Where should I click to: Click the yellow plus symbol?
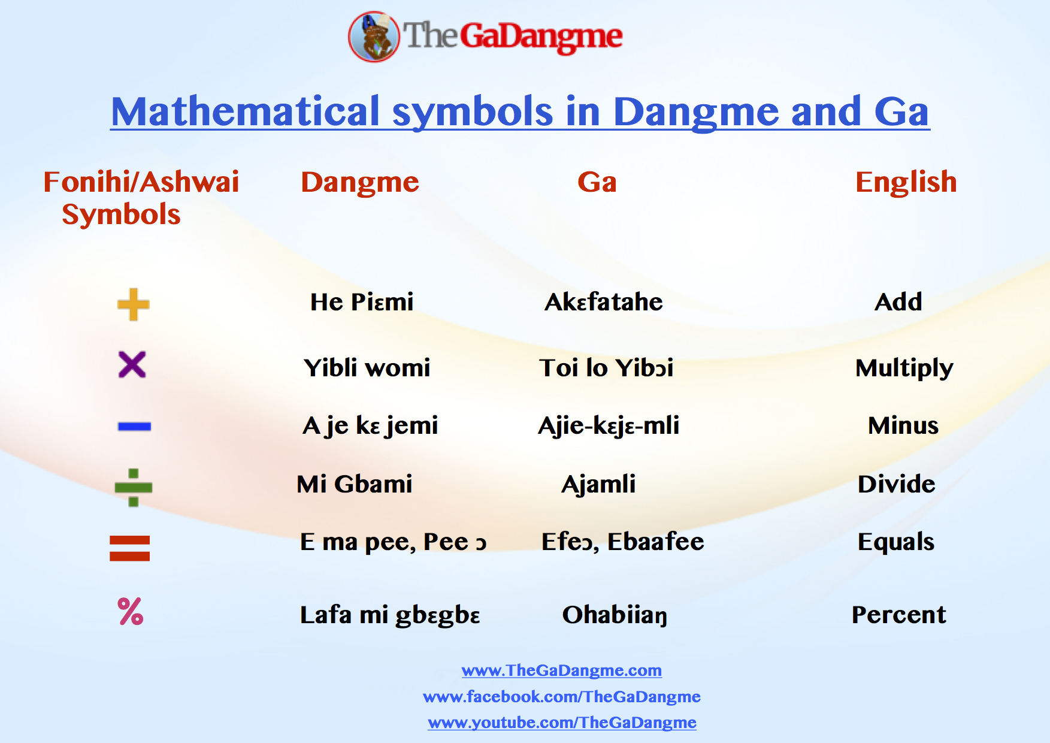tap(133, 304)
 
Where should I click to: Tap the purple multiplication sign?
tap(132, 364)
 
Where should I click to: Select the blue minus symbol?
tap(134, 427)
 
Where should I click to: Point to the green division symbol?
tap(134, 487)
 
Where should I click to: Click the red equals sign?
tap(129, 548)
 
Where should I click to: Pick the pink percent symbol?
tap(131, 612)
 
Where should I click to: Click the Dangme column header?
tap(359, 182)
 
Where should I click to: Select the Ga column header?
tap(597, 182)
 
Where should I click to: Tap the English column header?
tap(906, 182)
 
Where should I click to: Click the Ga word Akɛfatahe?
tap(603, 302)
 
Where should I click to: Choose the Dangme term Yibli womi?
tap(367, 368)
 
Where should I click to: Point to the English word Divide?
tap(896, 484)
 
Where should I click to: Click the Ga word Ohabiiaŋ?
tap(615, 615)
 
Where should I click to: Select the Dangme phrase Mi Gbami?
tap(355, 484)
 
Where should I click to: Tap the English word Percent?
tap(898, 615)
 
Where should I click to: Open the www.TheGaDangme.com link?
tap(561, 670)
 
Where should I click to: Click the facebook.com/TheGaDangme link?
tap(561, 697)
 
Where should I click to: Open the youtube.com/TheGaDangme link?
tap(561, 723)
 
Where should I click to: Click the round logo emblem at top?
tap(374, 37)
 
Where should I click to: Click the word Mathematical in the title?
tap(246, 112)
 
